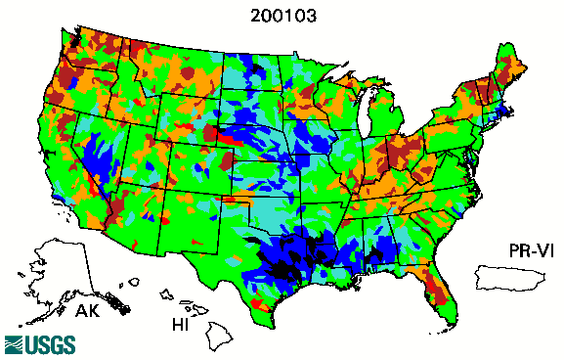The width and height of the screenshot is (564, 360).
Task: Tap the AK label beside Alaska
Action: click(86, 312)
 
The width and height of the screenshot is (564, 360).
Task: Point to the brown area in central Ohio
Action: click(400, 152)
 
